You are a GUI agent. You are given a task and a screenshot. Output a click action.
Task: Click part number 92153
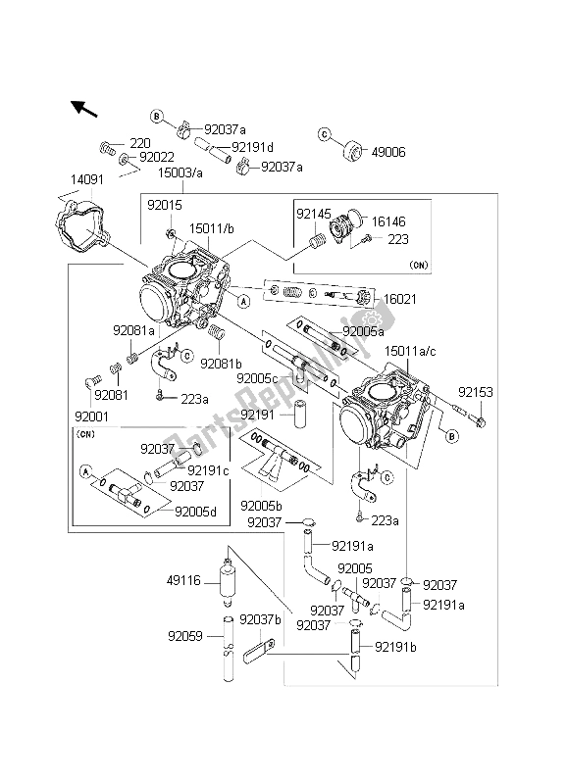(472, 390)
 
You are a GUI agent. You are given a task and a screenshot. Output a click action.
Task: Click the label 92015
(165, 206)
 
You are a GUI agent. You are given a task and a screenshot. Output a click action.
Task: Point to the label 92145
(315, 212)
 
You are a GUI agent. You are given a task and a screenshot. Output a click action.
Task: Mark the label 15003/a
(179, 171)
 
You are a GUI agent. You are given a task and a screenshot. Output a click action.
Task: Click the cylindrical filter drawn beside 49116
(229, 584)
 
